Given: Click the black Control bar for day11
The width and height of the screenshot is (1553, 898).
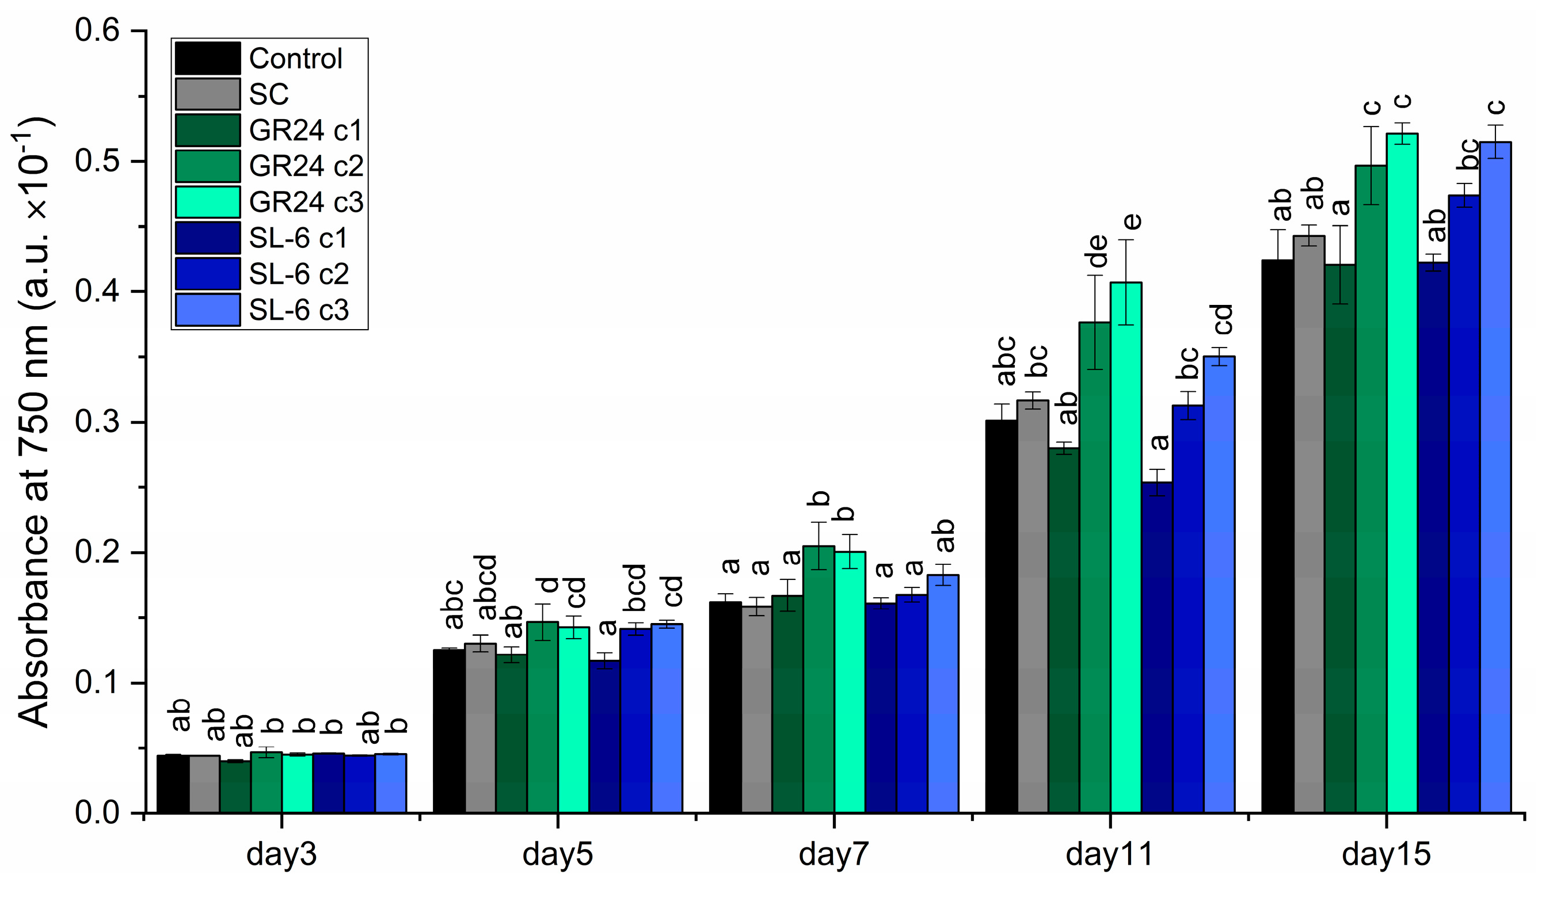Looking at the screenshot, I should pos(1001,616).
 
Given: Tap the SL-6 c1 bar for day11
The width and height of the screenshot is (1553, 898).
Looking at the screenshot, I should pos(1157,647).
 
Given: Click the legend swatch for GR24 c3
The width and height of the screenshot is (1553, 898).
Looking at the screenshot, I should pos(208,202).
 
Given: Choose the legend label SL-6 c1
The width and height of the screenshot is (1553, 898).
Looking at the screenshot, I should pos(298,238).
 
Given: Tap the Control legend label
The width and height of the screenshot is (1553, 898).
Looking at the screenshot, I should pos(296,59).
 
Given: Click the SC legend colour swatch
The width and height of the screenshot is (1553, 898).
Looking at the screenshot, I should pos(208,94).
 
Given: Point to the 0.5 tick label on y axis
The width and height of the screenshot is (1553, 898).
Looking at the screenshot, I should pos(97,162).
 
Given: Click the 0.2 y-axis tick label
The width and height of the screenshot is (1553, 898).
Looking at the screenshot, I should pos(97,552).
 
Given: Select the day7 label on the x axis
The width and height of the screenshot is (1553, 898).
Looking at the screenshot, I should pos(833,855).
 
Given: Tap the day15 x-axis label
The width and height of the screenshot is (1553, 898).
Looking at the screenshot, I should pos(1386,855).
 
